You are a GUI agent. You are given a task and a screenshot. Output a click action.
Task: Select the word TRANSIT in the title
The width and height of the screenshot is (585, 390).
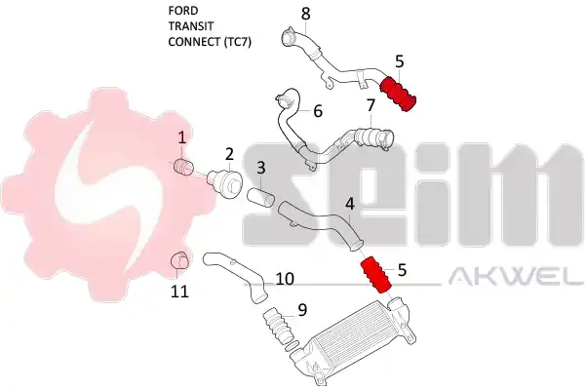click(x=191, y=26)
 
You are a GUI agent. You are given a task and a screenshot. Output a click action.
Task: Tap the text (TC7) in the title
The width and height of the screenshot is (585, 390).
click(x=237, y=42)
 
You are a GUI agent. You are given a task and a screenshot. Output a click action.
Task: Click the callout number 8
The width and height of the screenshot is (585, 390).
click(x=305, y=14)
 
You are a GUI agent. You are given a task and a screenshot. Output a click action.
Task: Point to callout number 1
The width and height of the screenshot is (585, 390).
click(x=181, y=137)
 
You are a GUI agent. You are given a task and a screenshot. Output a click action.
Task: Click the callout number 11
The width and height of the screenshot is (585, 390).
click(x=179, y=292)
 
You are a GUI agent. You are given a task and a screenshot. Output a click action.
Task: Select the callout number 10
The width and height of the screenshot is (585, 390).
click(x=285, y=279)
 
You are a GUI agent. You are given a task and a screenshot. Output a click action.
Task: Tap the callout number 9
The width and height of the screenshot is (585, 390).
click(x=302, y=310)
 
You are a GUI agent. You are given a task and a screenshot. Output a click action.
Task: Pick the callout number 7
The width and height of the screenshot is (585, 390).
click(x=370, y=105)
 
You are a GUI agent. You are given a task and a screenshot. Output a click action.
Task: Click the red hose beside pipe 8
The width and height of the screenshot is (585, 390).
click(x=398, y=94)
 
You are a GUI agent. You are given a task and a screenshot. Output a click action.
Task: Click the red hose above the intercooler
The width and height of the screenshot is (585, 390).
click(x=375, y=274)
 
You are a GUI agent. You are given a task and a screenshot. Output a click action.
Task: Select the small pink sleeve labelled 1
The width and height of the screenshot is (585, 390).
click(x=183, y=166)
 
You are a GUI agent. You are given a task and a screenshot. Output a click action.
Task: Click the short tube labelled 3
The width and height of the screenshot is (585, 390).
click(x=260, y=198)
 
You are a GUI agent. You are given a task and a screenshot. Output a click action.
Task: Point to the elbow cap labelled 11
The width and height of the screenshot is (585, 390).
click(x=179, y=259)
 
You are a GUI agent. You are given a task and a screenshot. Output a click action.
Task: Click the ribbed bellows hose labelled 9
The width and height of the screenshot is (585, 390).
click(x=277, y=326)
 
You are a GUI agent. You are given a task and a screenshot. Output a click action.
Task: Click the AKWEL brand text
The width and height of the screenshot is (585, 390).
click(x=517, y=277)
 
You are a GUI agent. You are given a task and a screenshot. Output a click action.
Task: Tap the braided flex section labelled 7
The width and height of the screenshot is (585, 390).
click(x=370, y=137)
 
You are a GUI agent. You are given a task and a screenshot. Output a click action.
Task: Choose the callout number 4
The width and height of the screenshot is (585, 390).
click(x=350, y=204)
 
